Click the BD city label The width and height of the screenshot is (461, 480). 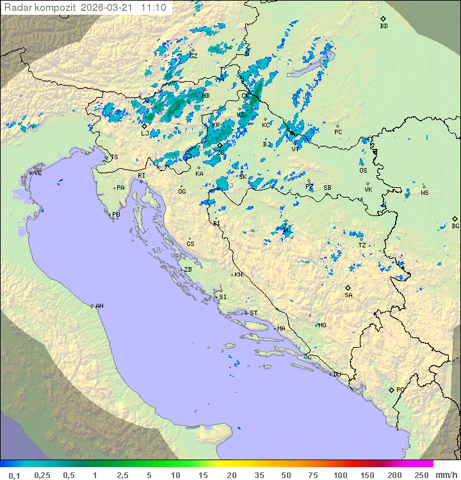384,26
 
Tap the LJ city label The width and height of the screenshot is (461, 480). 145,134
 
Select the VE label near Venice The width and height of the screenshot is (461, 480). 38,173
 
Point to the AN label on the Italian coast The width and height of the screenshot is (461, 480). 99,306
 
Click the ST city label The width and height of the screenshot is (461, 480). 254,313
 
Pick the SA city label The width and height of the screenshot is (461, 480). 348,295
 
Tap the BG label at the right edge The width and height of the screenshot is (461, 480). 455,226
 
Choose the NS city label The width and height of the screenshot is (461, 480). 424,193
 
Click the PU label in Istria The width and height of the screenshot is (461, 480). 116,215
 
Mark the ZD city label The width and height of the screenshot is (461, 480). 188,270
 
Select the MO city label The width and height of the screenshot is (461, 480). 322,325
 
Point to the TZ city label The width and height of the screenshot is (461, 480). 362,245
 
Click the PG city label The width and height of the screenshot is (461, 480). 400,390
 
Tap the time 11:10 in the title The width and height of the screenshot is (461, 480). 154,8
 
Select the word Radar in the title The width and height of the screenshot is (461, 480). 17,8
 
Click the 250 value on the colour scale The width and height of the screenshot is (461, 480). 421,475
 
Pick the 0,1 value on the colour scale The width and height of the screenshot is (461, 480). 14,475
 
